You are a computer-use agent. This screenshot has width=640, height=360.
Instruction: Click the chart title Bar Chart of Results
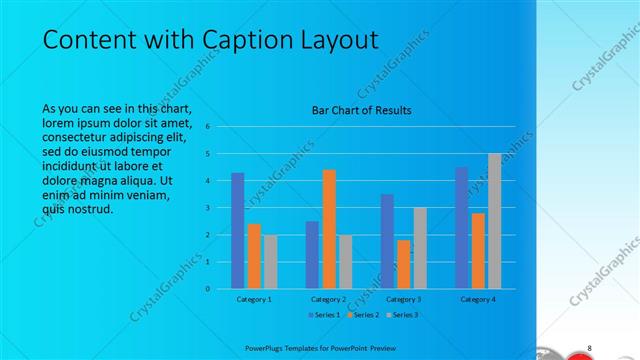coord(361,110)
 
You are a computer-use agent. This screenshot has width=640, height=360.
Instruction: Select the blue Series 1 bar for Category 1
coord(237,230)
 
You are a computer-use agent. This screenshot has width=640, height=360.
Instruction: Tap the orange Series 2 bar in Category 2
coord(328,229)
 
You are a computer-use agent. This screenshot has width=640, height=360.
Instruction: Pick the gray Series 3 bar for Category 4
coord(494,221)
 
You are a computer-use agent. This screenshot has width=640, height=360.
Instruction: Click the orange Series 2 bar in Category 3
coord(403,264)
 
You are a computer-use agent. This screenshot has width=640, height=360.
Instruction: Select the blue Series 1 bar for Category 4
coord(461,228)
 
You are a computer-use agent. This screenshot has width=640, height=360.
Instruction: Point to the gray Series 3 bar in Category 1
coord(270,261)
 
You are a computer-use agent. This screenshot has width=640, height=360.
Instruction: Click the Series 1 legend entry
coord(325,314)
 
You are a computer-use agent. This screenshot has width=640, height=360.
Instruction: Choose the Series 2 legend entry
coord(362,314)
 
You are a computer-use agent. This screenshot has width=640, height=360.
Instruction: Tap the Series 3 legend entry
coord(400,314)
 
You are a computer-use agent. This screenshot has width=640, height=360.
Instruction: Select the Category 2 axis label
coord(329,299)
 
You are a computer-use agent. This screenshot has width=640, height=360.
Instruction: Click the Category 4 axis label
coord(478,299)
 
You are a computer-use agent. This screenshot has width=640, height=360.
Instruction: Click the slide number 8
coord(590,347)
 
